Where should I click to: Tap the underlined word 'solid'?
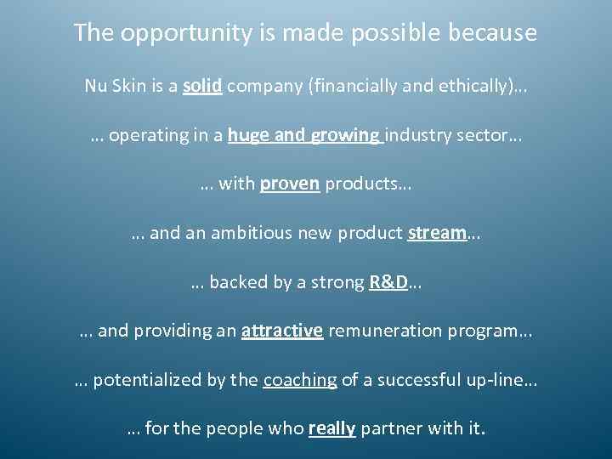coord(202,86)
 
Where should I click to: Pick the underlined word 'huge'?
coord(249,136)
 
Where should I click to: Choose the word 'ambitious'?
coord(264,234)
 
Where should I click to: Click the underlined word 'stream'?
coord(437,234)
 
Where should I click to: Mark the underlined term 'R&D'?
coord(388,283)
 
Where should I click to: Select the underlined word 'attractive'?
coord(282,331)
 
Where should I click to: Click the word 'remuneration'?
coord(379,331)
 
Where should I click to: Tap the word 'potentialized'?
coord(146,381)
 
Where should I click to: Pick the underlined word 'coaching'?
coord(300,381)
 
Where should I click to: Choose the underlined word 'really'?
coord(331,429)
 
